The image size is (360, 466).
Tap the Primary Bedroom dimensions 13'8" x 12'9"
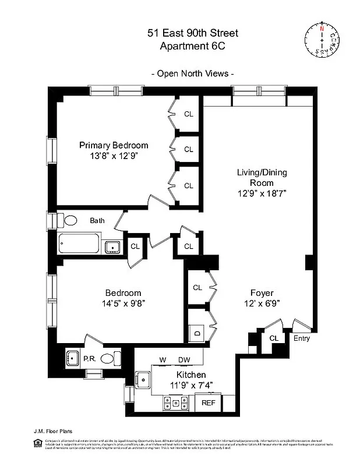point(114,156)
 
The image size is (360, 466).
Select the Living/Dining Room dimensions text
point(262,193)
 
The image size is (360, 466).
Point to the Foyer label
point(262,292)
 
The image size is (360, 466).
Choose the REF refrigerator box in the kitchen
point(208,403)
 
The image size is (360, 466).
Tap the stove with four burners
point(176,403)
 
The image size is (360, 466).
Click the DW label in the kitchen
point(184,359)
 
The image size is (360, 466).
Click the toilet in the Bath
point(68,221)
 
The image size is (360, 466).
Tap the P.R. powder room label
point(90,359)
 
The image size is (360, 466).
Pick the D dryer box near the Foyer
point(197,334)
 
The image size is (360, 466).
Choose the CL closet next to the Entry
point(274,338)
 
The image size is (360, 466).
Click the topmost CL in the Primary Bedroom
point(188,114)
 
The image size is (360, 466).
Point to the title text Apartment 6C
point(192,47)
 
